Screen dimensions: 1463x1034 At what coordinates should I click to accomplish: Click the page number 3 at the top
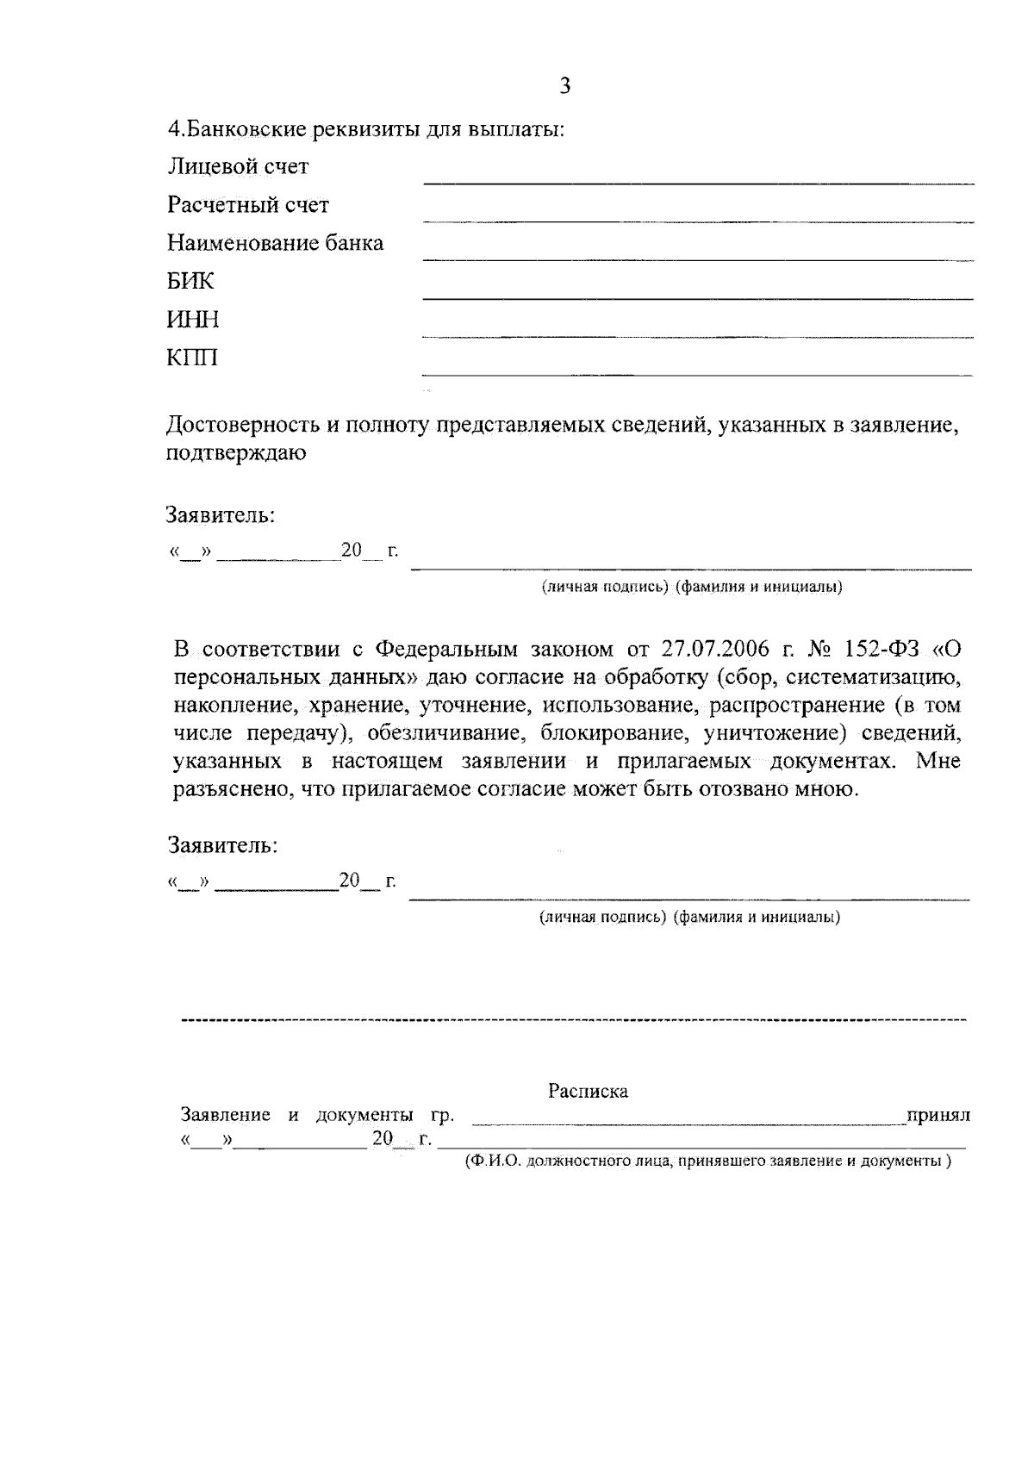tap(564, 85)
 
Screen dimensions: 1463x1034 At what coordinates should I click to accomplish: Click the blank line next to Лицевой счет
tap(698, 182)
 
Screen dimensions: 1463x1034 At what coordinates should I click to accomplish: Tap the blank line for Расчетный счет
tap(698, 221)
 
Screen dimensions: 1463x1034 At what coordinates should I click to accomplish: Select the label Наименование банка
tap(275, 243)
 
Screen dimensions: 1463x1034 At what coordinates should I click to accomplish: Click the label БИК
tap(190, 282)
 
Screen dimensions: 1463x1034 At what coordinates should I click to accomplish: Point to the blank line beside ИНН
tap(698, 335)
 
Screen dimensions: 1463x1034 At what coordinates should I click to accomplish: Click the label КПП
tap(192, 358)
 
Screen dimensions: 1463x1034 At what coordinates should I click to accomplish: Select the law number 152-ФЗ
tap(879, 648)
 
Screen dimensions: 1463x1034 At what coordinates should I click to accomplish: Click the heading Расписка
tap(588, 1091)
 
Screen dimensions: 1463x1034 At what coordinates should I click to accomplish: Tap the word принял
tap(937, 1115)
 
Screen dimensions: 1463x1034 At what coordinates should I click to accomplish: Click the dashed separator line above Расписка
tap(573, 1020)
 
